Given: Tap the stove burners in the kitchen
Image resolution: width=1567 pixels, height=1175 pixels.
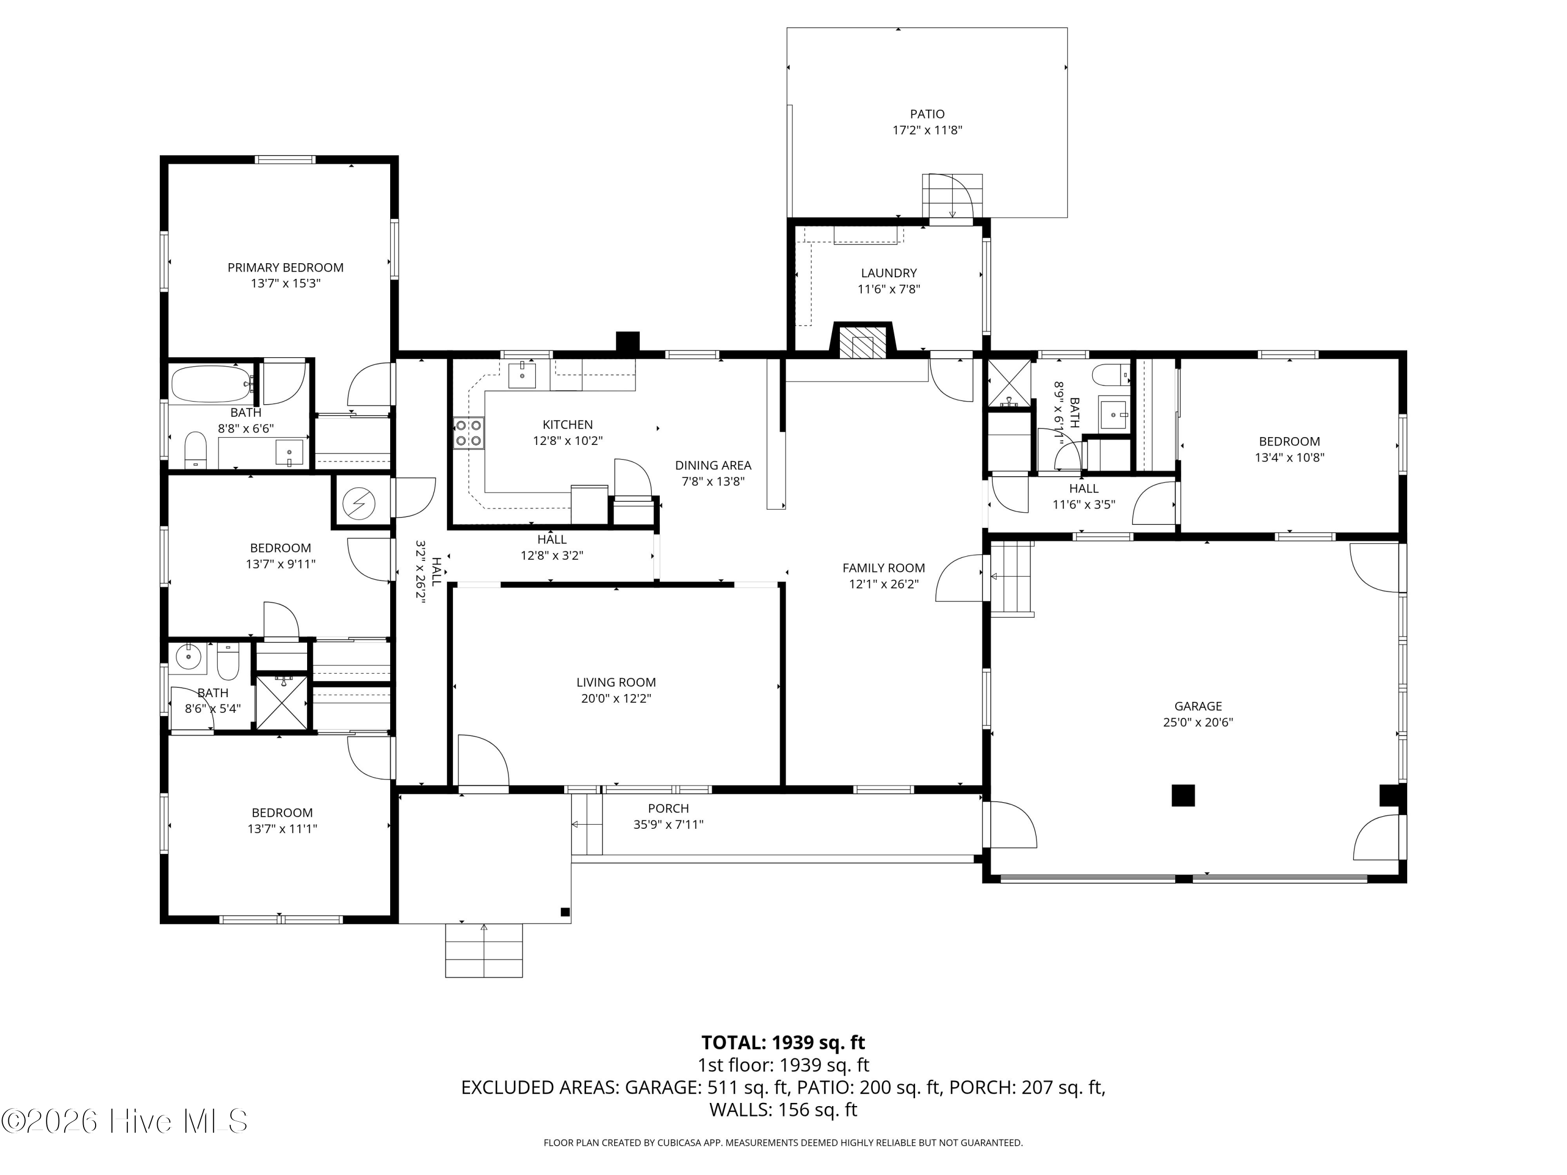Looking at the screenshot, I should (468, 433).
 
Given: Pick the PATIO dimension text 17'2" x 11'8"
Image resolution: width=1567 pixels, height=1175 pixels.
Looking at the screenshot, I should (927, 131).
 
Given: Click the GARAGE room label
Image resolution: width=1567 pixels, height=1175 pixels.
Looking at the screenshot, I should (1197, 706).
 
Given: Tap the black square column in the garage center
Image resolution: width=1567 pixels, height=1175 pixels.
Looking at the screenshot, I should (1183, 795).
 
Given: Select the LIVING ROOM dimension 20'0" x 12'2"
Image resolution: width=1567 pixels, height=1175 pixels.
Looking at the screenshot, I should (616, 698).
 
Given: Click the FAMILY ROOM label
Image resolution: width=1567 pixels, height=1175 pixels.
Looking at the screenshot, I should (883, 568).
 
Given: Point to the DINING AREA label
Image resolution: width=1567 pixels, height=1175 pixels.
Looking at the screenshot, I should (712, 465).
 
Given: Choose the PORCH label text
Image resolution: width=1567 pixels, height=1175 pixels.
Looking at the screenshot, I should (668, 808).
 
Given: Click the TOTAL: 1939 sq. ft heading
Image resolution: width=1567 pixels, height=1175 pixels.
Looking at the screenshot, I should (783, 1042).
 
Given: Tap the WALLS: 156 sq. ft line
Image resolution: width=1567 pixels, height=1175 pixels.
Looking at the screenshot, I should (783, 1110).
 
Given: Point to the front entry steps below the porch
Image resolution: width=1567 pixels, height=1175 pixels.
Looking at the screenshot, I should (484, 950).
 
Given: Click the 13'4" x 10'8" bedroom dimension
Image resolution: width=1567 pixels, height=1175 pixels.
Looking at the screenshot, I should (1289, 457).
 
